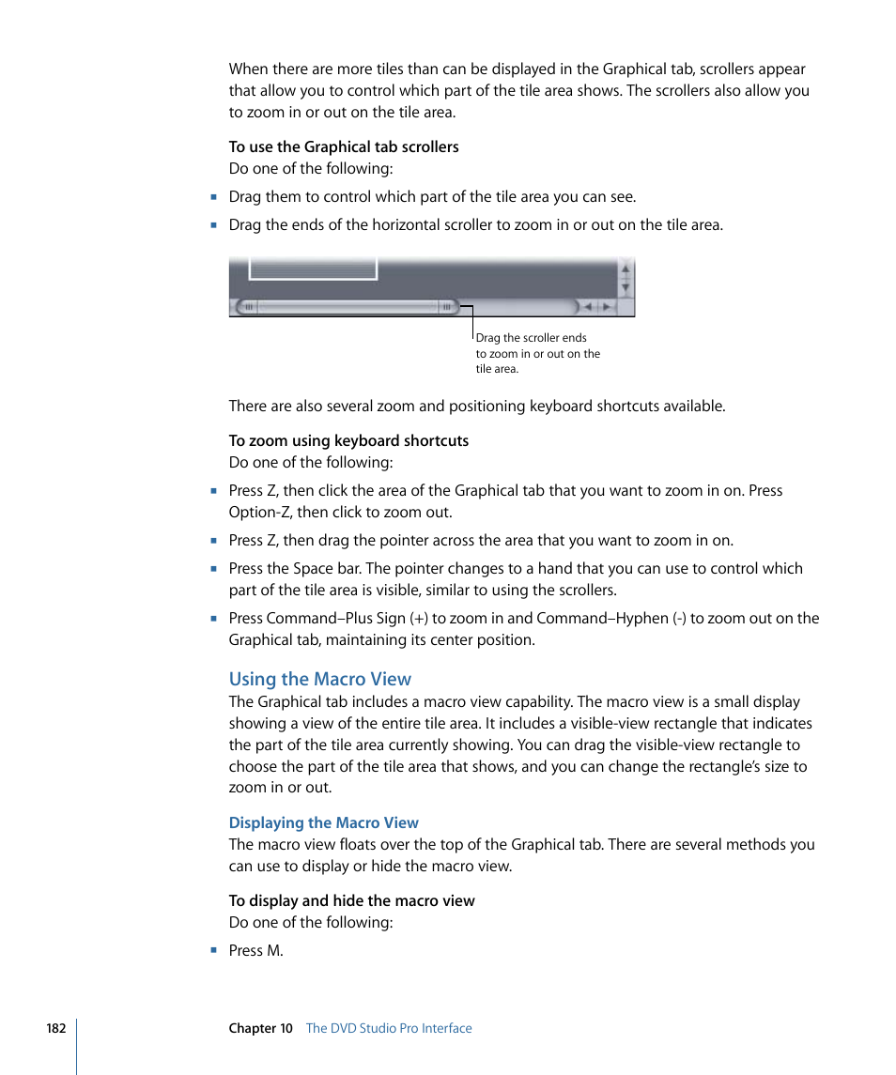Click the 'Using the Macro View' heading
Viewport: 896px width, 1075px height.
(320, 679)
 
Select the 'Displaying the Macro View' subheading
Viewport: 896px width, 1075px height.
(324, 822)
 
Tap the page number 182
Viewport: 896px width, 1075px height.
(56, 1028)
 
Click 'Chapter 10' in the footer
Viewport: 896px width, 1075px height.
(261, 1028)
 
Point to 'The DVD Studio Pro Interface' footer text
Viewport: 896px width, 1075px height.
(389, 1028)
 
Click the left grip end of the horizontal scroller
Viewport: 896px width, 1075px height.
(249, 306)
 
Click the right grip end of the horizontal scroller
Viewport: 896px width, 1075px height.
(447, 306)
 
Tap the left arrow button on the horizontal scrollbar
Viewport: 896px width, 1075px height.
(588, 306)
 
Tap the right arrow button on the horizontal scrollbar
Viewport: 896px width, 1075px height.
(607, 306)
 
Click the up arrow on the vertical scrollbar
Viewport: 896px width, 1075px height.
(626, 269)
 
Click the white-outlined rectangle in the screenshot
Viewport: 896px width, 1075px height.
(313, 267)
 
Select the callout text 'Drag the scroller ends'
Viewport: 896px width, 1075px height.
(531, 338)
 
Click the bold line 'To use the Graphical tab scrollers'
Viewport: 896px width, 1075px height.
(344, 146)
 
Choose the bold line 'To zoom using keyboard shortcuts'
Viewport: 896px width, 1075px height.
(348, 440)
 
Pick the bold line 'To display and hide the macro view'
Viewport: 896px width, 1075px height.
(352, 900)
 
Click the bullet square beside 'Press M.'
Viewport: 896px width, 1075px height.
(214, 950)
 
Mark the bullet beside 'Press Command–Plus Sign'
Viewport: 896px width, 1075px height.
(214, 618)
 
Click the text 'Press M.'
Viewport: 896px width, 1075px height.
(255, 950)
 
